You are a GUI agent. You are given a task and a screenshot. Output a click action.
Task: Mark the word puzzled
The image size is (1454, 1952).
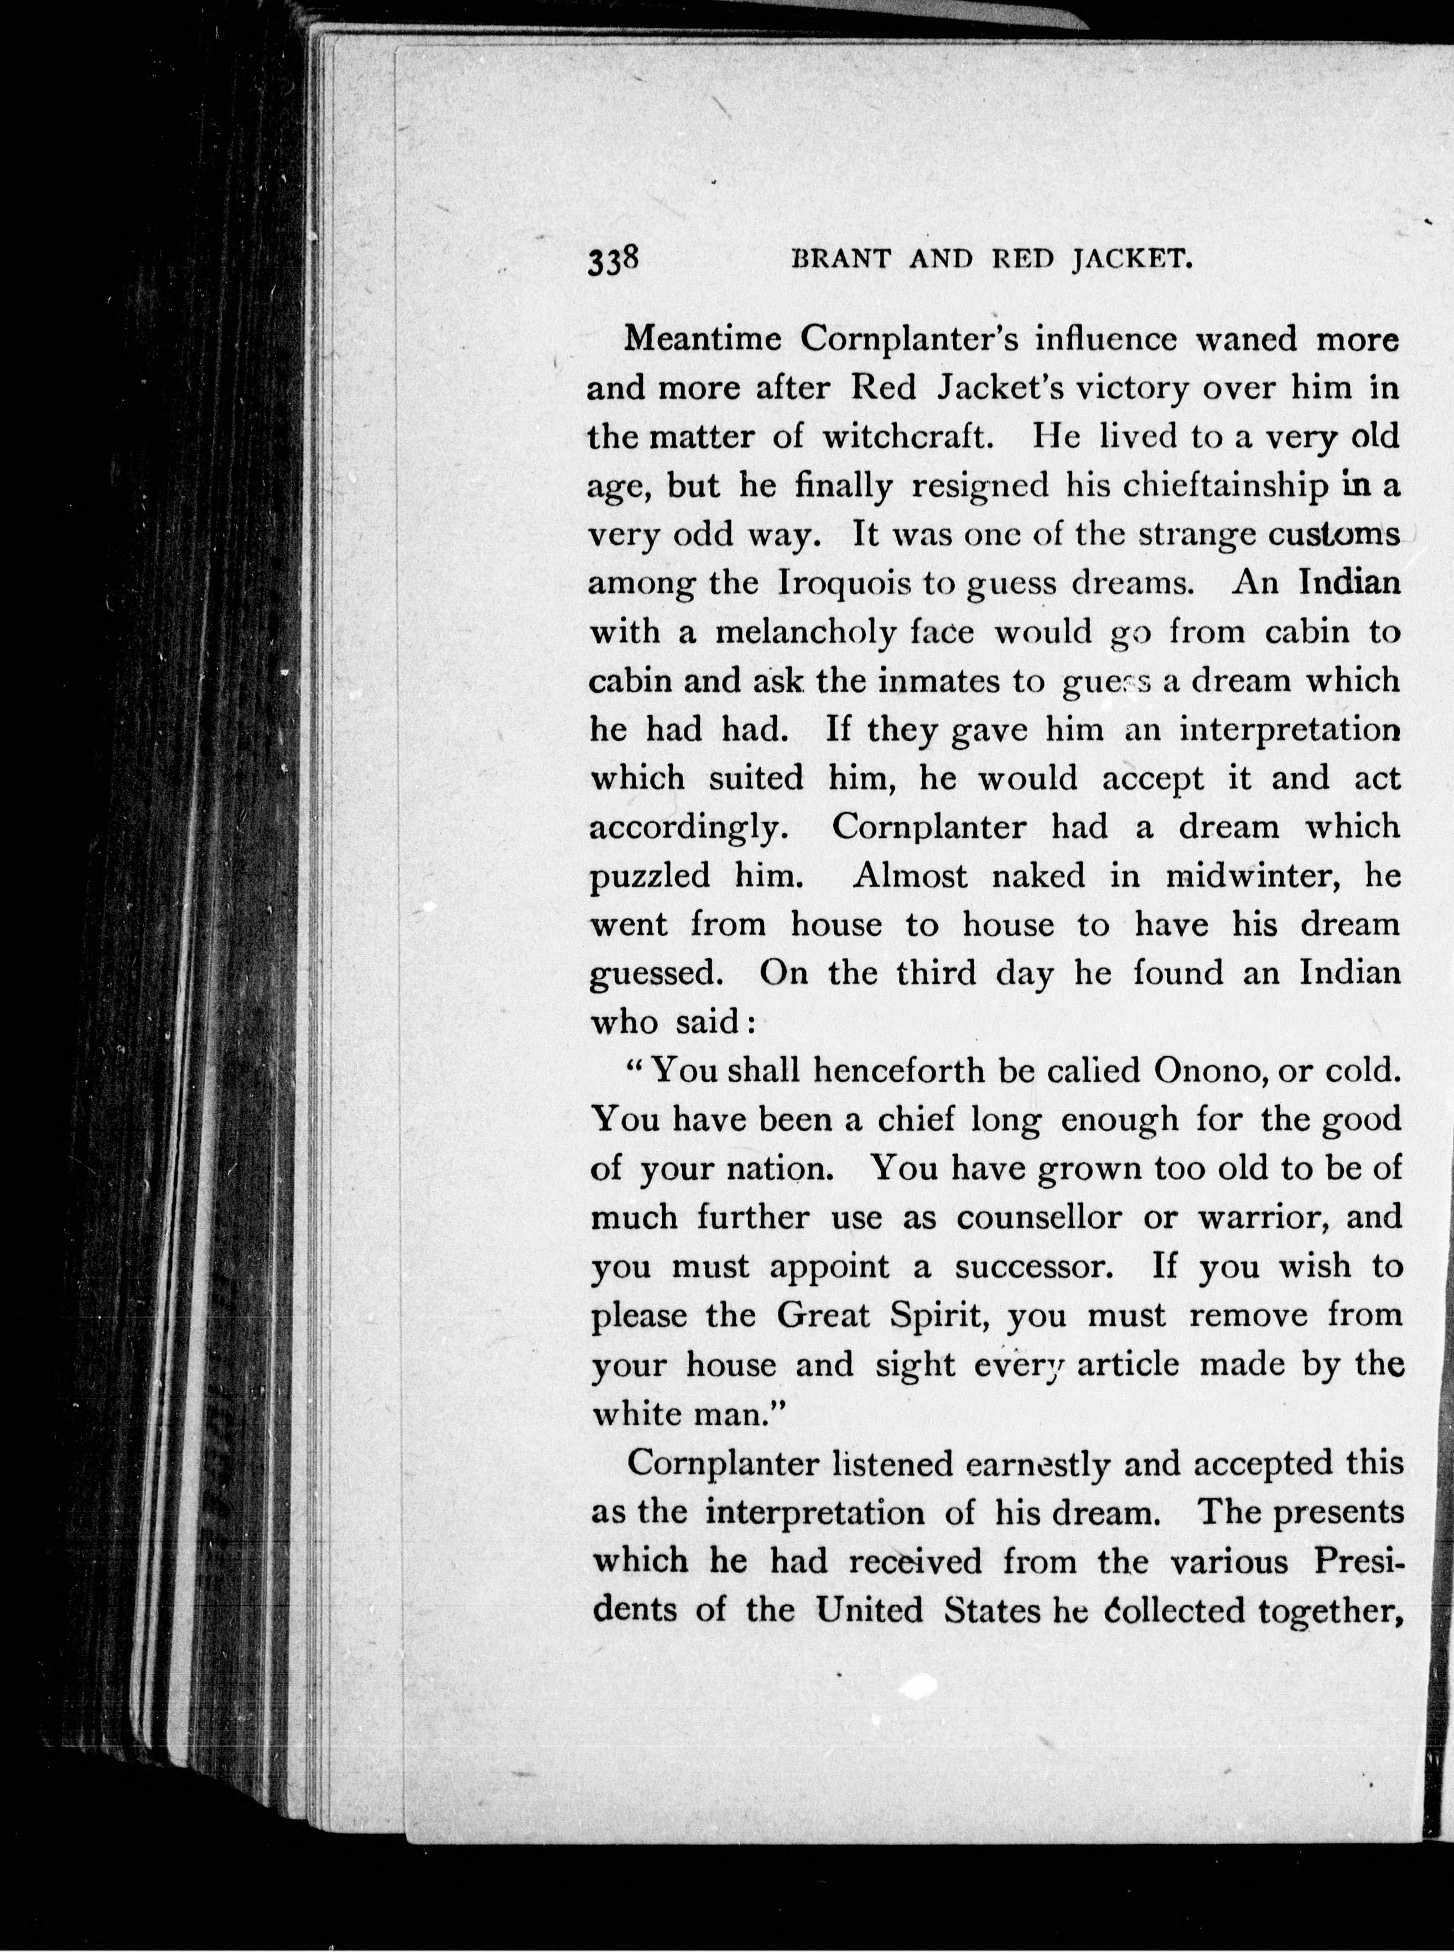tap(650, 876)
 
